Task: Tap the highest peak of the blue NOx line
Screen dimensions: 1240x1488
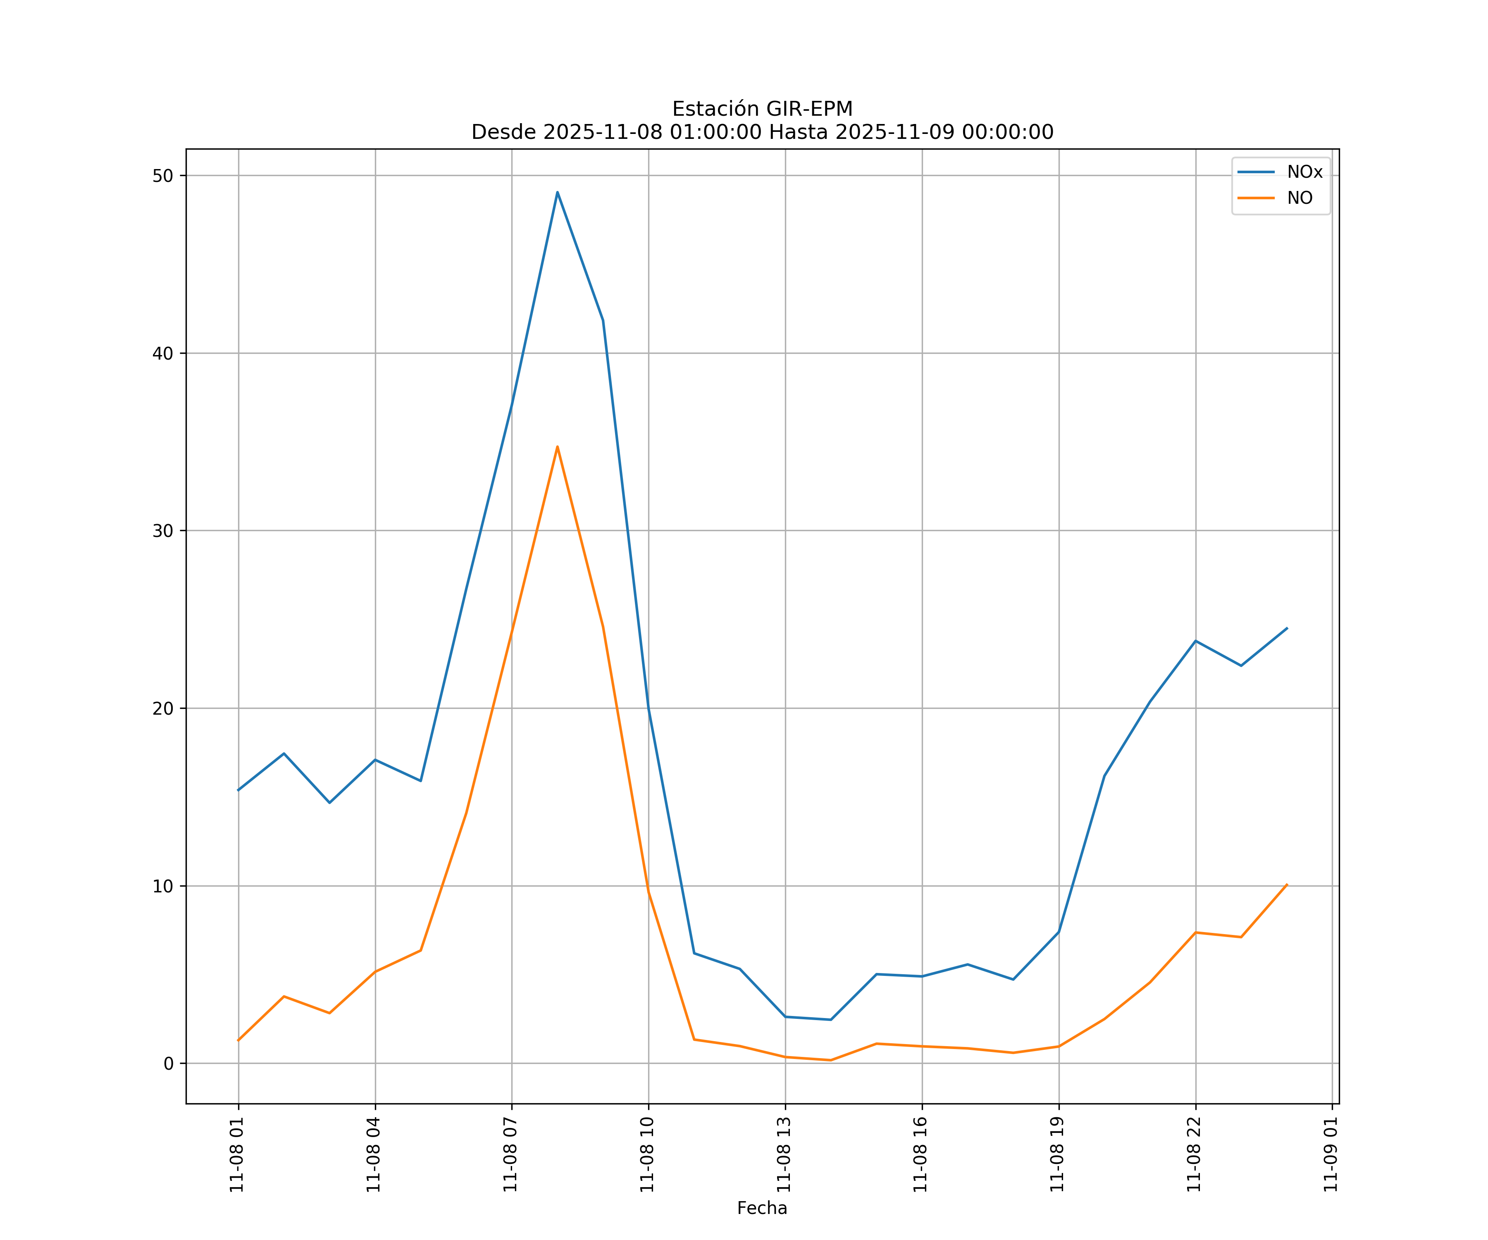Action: pos(558,192)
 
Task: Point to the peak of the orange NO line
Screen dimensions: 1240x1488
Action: pos(558,446)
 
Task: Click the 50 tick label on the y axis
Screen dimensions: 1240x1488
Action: pos(163,176)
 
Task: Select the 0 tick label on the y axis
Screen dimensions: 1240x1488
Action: pos(169,1064)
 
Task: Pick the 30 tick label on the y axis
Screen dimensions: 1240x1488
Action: pos(163,531)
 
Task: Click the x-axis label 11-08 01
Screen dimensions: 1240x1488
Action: pos(237,1155)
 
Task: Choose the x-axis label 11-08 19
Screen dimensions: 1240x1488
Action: pos(1058,1155)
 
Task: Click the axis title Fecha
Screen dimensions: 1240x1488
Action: pos(762,1208)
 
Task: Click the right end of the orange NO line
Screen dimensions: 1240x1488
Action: pos(1287,884)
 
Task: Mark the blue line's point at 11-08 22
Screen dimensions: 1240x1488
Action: pos(1195,641)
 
